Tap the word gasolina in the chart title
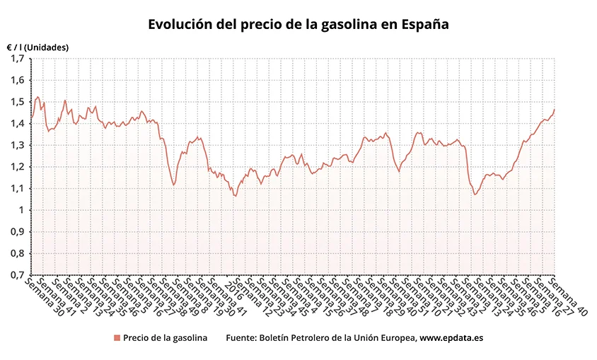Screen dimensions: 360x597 337,24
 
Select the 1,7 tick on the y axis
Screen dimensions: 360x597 18,58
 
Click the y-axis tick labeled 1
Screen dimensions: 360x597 22,210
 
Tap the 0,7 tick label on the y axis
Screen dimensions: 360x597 18,275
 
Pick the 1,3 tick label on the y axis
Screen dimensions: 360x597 18,145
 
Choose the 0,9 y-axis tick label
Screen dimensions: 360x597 18,232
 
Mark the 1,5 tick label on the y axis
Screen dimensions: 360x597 18,102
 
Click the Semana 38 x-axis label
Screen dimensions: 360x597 173,296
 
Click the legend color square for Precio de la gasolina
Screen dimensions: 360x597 117,338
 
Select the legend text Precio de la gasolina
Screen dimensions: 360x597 165,338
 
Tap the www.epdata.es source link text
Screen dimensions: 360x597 451,338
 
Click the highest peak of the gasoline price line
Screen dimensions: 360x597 37,97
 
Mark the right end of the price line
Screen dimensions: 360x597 555,109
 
